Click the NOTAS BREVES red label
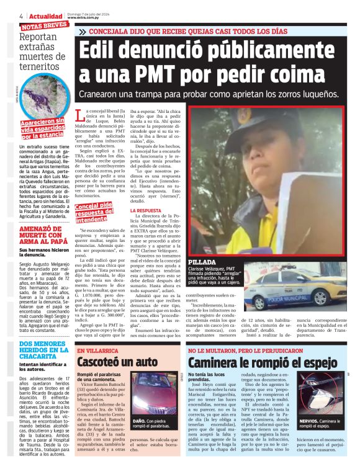click(x=43, y=25)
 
